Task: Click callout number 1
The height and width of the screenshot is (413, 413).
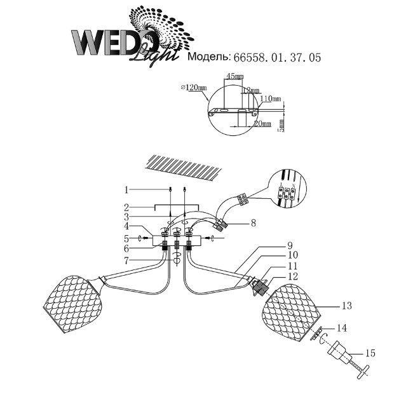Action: pyautogui.click(x=127, y=189)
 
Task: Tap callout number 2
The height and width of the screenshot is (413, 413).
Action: pyautogui.click(x=127, y=207)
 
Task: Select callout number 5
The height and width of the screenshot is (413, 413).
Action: pyautogui.click(x=127, y=238)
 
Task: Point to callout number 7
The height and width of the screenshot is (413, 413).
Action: pyautogui.click(x=127, y=261)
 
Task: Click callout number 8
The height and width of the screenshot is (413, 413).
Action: pyautogui.click(x=253, y=223)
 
